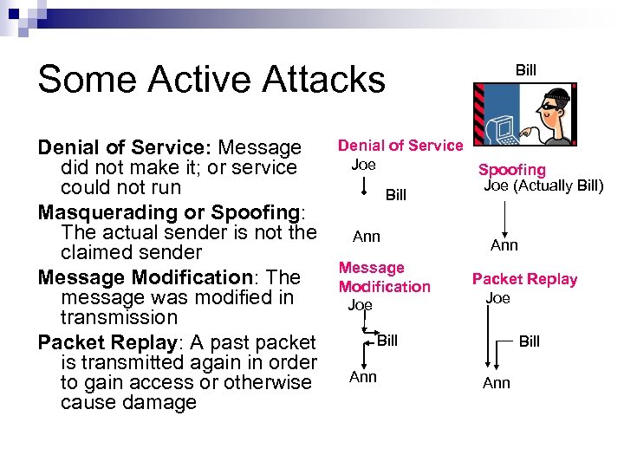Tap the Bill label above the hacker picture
click(x=526, y=69)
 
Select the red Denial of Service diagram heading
click(x=400, y=146)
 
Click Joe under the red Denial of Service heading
click(x=363, y=164)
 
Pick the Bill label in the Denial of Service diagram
click(x=396, y=195)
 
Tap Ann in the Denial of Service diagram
click(x=366, y=236)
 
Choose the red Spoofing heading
click(x=512, y=170)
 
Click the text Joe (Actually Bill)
click(x=543, y=185)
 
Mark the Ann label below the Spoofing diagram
click(x=504, y=245)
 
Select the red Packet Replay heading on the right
click(x=524, y=279)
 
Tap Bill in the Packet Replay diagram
click(x=530, y=341)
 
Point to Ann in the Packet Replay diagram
click(x=497, y=383)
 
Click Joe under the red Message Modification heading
click(x=360, y=305)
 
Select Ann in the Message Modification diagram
click(x=363, y=376)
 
